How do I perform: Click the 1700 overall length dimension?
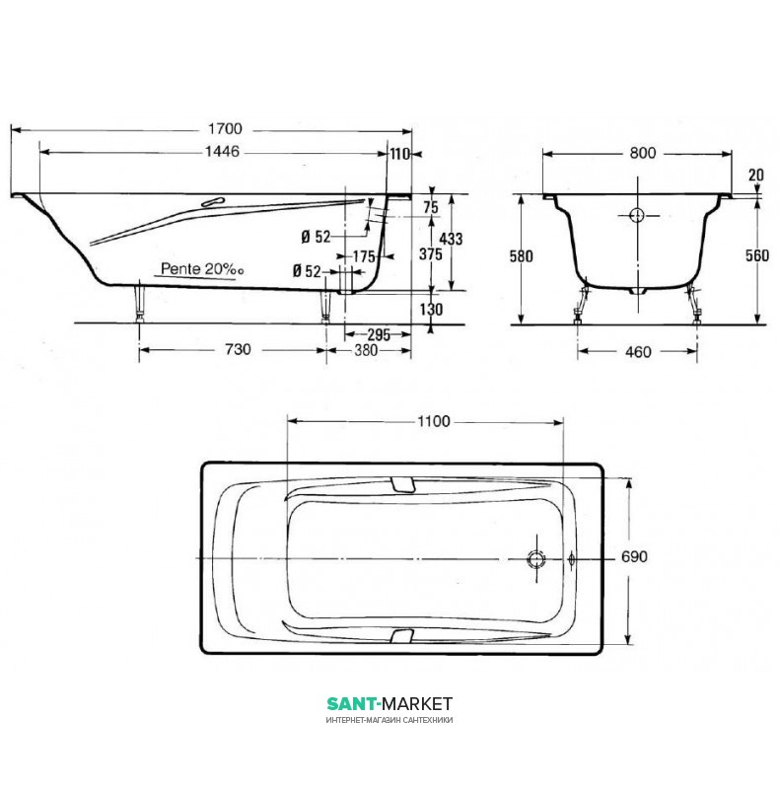(226, 129)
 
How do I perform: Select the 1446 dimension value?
(223, 152)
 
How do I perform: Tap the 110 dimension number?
(400, 154)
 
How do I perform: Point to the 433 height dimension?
(451, 239)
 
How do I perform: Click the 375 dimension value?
(431, 254)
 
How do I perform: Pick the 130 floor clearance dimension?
(431, 309)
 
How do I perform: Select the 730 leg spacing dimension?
(238, 349)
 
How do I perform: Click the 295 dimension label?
(379, 335)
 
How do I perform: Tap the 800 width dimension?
(643, 153)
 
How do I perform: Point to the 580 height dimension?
(521, 256)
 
